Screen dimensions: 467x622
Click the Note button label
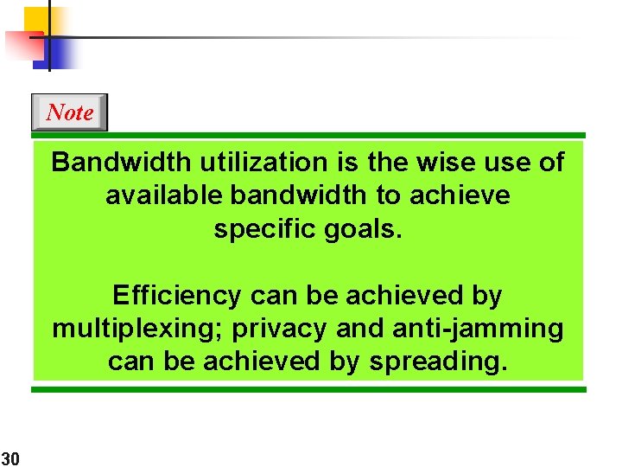click(x=69, y=112)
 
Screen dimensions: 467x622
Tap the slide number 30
click(x=10, y=457)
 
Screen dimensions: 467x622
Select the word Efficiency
click(x=178, y=296)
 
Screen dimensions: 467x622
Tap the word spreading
click(x=437, y=361)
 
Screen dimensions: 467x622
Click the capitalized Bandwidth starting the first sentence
click(x=123, y=162)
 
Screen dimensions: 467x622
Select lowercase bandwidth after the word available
click(x=299, y=195)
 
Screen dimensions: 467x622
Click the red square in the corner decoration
click(x=21, y=43)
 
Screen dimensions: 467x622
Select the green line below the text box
click(x=308, y=390)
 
